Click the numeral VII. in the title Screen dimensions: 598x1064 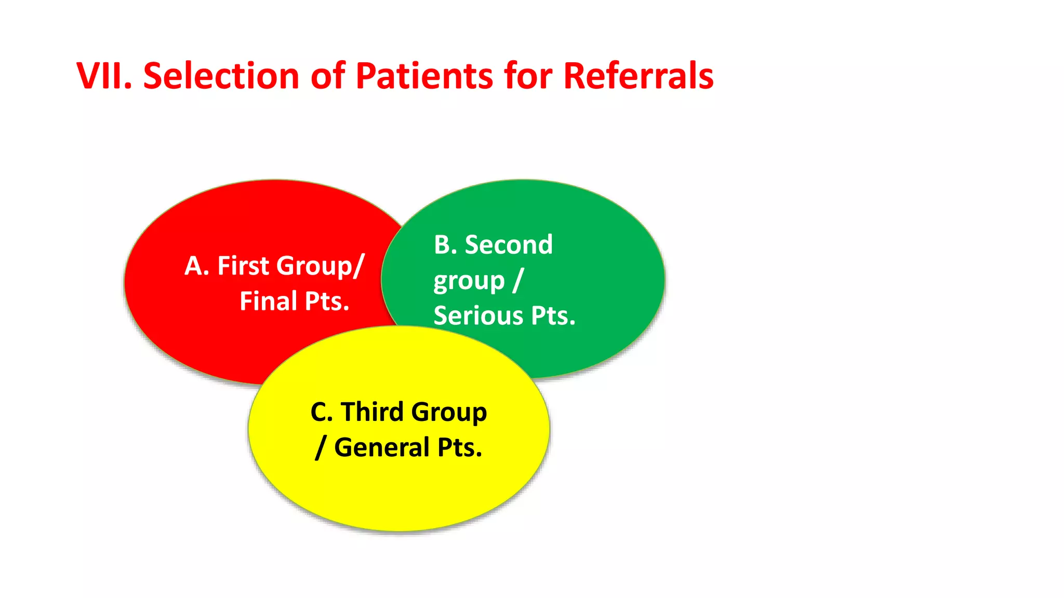[104, 76]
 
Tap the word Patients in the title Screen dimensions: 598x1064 [424, 76]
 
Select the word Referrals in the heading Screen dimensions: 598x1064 [638, 76]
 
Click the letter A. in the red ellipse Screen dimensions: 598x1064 [197, 266]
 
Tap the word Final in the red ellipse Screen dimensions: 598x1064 [268, 301]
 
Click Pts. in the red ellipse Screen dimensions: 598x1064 [327, 302]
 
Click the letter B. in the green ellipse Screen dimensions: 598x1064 [445, 245]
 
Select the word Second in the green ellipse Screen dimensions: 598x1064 [509, 244]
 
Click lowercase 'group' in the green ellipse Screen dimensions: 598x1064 [469, 282]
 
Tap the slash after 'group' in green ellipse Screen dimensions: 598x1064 [517, 281]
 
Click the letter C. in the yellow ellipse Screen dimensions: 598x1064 [321, 412]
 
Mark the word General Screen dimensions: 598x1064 [382, 447]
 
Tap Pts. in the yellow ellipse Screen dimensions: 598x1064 [460, 447]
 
